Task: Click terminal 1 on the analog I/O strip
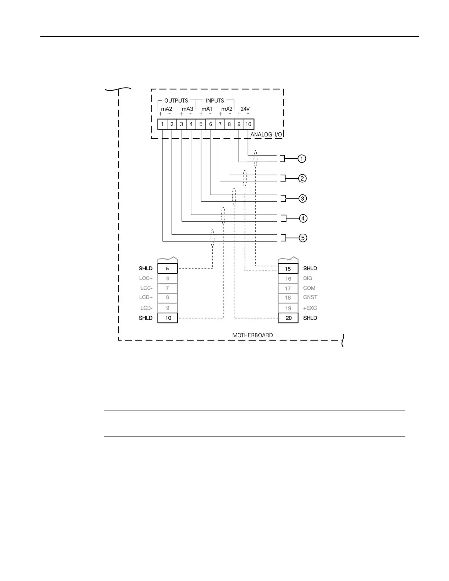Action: pos(163,124)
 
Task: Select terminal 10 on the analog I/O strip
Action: pos(249,124)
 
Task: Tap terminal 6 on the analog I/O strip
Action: pos(211,124)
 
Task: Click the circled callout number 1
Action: pos(302,159)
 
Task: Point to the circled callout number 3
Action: pos(302,198)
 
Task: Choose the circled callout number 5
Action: pos(303,238)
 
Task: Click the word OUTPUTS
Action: pos(176,101)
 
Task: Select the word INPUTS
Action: pos(215,101)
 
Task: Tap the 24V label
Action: pos(245,109)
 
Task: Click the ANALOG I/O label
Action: pos(266,135)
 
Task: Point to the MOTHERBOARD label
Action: pos(252,335)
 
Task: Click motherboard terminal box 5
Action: pos(168,268)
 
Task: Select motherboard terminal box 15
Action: pos(288,269)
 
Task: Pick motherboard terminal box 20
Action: pos(288,318)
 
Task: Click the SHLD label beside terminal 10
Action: pos(146,318)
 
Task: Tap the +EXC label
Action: pos(310,308)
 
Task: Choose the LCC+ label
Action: pos(146,278)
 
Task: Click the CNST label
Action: pos(310,297)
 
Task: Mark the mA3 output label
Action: pos(187,109)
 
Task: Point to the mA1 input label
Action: pos(207,109)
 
